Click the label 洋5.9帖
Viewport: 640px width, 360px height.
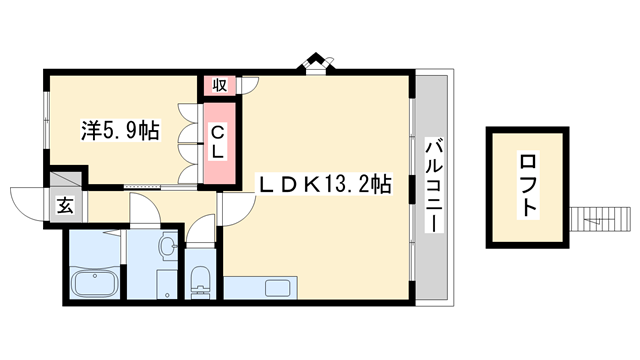click(x=119, y=131)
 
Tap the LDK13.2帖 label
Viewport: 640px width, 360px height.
click(x=325, y=184)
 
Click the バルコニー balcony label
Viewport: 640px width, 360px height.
click(x=432, y=185)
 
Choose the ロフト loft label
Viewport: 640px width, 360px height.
click(x=527, y=187)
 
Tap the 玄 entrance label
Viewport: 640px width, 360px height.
click(x=63, y=206)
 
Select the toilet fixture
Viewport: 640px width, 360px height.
click(x=199, y=279)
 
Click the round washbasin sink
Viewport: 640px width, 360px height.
click(x=168, y=245)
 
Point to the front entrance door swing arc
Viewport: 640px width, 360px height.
click(x=27, y=199)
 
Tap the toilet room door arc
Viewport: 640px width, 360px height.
click(x=202, y=234)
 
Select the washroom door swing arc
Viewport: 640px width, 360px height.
click(x=144, y=209)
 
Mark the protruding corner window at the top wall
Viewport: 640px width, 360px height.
click(x=318, y=63)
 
